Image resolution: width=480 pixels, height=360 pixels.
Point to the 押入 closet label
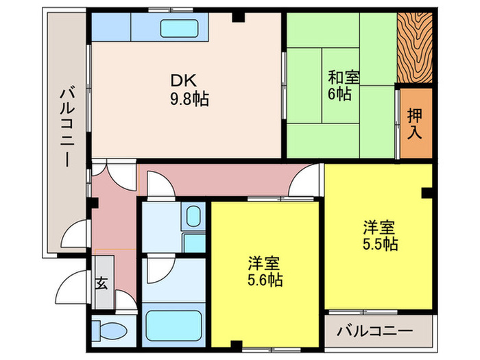pyautogui.click(x=416, y=123)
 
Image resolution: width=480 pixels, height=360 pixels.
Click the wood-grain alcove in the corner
pyautogui.click(x=415, y=47)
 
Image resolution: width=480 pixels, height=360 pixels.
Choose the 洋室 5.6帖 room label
pyautogui.click(x=265, y=263)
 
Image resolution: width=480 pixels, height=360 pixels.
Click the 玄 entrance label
pyautogui.click(x=101, y=283)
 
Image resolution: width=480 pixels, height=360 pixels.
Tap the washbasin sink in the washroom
pyautogui.click(x=193, y=218)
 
